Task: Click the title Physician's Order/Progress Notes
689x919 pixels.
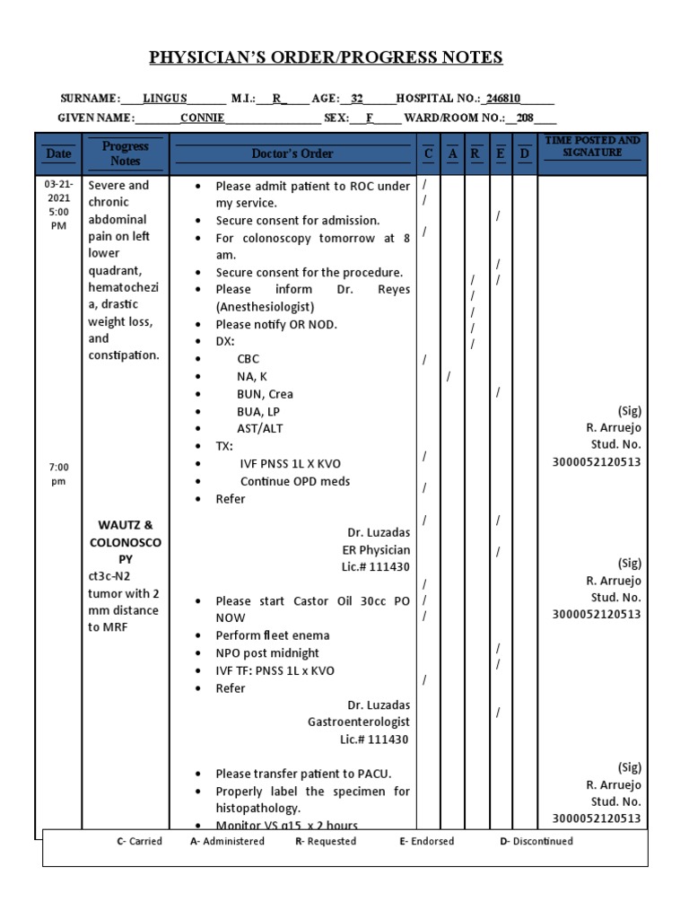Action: tap(326, 58)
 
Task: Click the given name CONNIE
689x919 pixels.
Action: tap(203, 118)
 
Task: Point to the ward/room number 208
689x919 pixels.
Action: tap(525, 118)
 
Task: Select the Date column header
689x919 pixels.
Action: tap(58, 153)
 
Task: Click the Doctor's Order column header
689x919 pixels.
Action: tap(292, 153)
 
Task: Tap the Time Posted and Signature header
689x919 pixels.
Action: tap(592, 146)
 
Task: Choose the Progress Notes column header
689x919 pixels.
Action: tap(126, 153)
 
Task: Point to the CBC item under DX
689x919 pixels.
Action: tap(248, 359)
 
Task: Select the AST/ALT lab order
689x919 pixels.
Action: tap(259, 429)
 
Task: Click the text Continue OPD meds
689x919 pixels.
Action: tap(295, 481)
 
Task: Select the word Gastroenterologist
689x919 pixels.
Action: tap(359, 722)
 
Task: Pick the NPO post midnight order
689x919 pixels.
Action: tap(267, 653)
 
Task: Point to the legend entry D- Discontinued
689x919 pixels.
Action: tap(536, 841)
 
